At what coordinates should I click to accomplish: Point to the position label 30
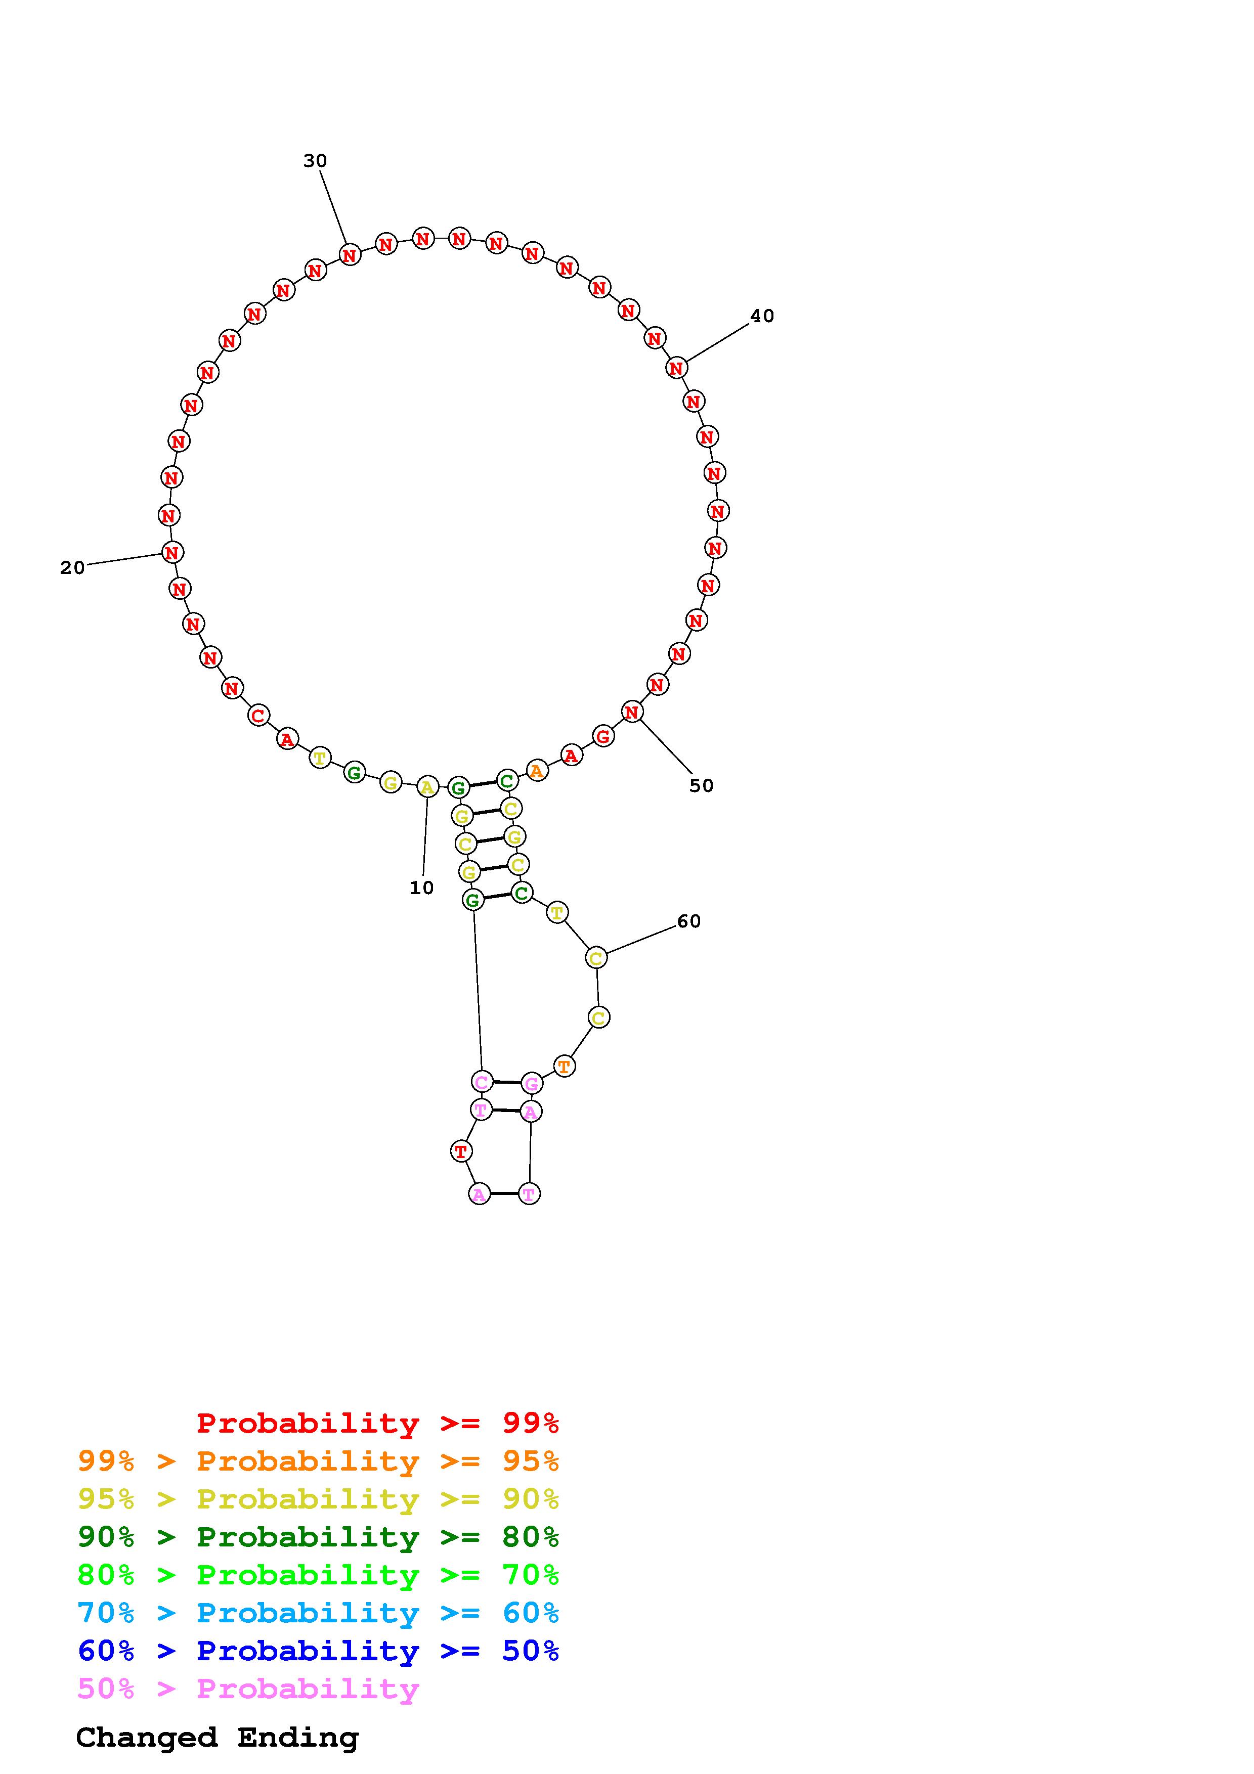point(315,161)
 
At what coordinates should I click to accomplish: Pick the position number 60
point(688,921)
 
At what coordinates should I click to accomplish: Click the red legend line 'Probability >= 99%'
point(378,1423)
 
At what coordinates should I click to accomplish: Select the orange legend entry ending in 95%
point(318,1461)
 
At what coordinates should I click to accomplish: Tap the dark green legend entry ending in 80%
point(318,1537)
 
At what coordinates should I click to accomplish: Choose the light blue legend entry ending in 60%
point(318,1613)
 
